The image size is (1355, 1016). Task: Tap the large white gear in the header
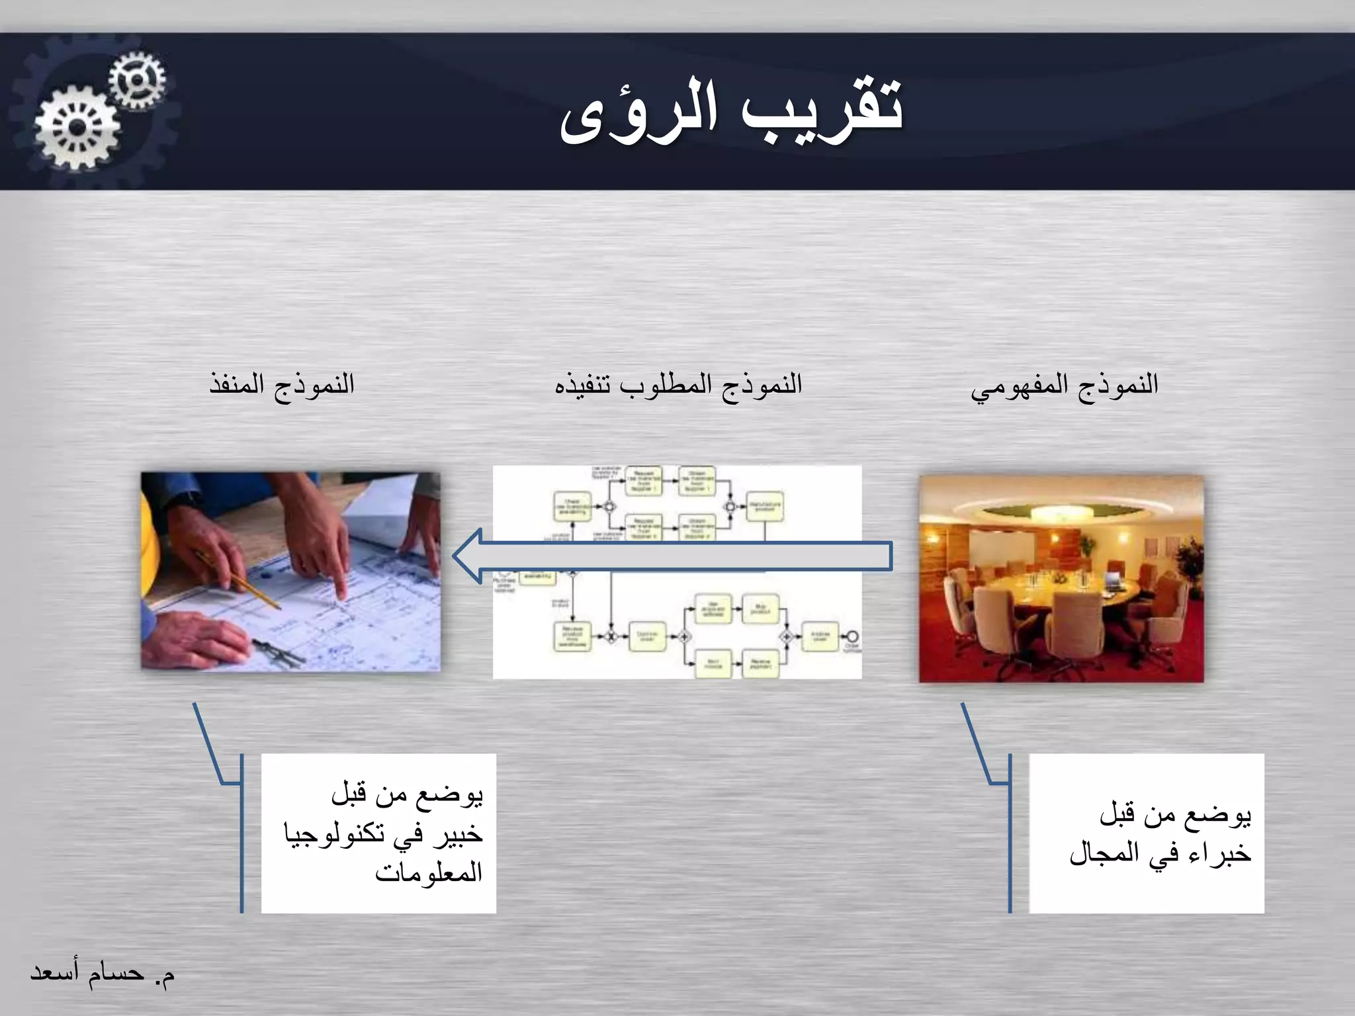[77, 128]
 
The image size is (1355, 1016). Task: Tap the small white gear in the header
[137, 80]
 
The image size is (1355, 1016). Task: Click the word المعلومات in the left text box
[429, 872]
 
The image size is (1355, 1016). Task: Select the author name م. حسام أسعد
[103, 973]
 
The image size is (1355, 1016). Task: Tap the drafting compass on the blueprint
[278, 652]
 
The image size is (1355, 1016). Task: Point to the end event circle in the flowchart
[852, 637]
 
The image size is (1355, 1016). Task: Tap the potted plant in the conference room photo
[1188, 562]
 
